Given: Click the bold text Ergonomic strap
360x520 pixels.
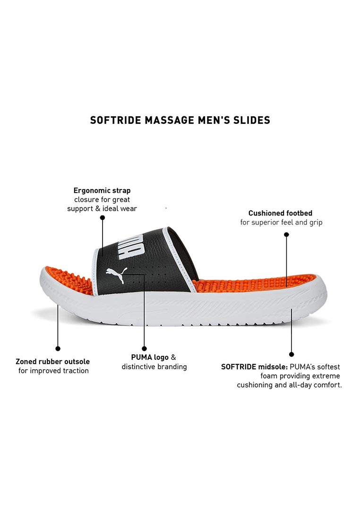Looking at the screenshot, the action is [102, 191].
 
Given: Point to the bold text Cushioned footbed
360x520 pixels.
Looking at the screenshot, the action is [281, 213].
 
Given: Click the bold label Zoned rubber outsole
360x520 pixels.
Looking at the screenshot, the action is [53, 362].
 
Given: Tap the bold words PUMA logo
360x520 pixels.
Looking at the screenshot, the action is [150, 357].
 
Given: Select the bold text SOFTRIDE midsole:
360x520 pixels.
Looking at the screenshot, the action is [254, 367].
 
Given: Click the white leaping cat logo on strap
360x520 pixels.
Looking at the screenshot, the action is [116, 274].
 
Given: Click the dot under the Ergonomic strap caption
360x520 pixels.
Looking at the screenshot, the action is [103, 217].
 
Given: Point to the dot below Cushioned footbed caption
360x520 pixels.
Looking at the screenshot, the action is [286, 234].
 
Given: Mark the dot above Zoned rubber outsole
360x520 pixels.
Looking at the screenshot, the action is [58, 348].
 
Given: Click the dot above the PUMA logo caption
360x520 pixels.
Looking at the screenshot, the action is [144, 348].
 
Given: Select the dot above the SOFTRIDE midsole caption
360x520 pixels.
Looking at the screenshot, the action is [291, 354].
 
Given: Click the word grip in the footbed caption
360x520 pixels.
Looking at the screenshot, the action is [316, 223].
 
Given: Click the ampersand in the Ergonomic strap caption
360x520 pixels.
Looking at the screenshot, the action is [98, 208].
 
